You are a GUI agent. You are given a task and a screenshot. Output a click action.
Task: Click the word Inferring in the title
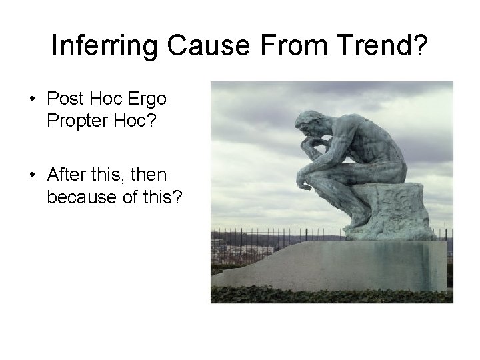(105, 45)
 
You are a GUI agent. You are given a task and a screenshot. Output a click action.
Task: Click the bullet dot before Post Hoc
(33, 99)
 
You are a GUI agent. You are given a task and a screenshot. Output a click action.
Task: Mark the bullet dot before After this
(33, 175)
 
